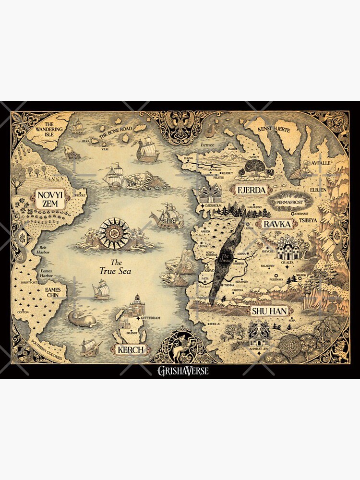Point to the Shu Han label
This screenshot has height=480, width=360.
(x=269, y=311)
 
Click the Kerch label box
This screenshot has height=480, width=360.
(x=130, y=349)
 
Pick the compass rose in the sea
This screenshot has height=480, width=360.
(x=114, y=234)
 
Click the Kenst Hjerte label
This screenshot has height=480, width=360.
(x=275, y=129)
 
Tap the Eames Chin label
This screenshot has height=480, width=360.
(x=53, y=293)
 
